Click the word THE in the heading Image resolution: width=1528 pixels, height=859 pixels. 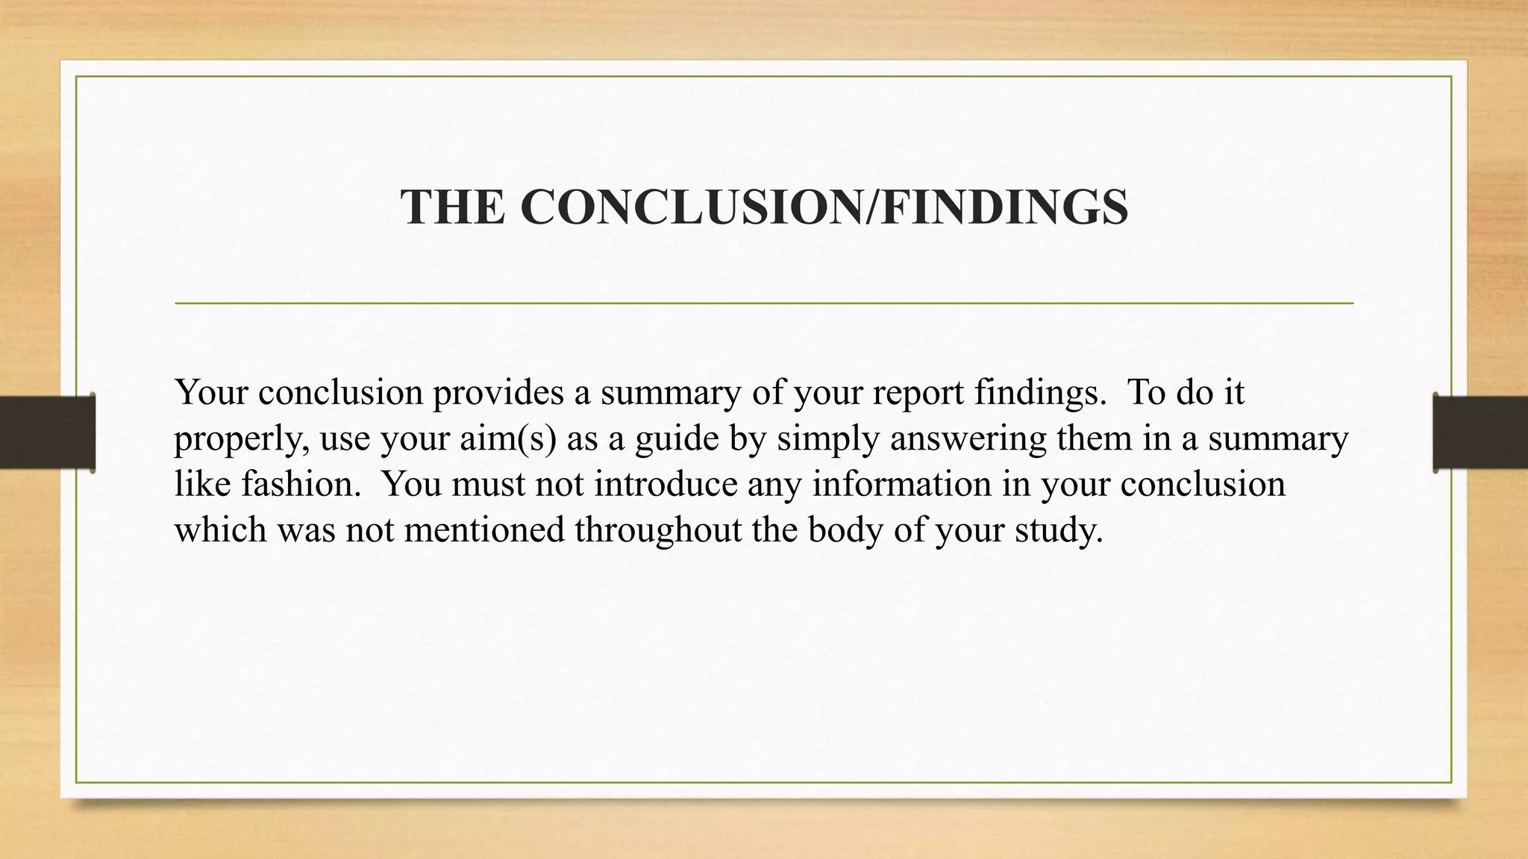[452, 207]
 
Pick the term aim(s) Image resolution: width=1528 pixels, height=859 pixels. [507, 438]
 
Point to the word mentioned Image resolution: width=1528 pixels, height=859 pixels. [484, 530]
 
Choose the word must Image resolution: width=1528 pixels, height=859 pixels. [489, 484]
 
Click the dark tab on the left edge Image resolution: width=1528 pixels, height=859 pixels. [47, 432]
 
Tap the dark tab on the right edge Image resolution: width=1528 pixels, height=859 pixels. [1480, 432]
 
